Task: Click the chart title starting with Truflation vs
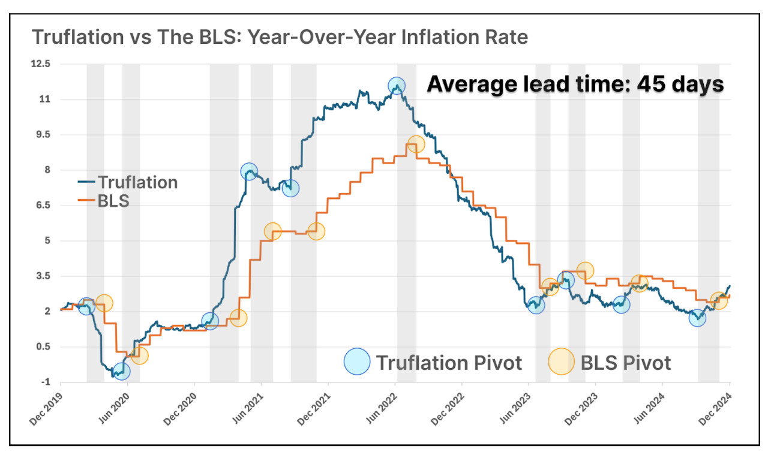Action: [x=280, y=37]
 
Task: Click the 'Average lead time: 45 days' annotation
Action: [x=575, y=84]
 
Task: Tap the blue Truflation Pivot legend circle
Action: [x=357, y=362]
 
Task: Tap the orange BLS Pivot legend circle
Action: [x=562, y=362]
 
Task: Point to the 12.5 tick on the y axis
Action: [x=42, y=64]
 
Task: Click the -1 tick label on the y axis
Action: [x=46, y=382]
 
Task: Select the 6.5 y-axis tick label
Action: [x=43, y=206]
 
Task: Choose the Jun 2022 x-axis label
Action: [x=380, y=409]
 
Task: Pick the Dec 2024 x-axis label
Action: [x=715, y=409]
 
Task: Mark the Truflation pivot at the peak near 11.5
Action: [x=396, y=86]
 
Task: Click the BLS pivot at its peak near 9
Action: [x=416, y=144]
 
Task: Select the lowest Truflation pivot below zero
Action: [x=121, y=371]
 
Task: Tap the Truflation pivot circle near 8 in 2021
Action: [x=249, y=172]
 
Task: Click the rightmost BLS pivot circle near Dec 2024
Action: [x=718, y=300]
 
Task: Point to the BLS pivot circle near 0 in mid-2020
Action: [x=139, y=356]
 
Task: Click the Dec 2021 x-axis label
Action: [x=313, y=409]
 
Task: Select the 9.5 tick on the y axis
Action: [x=43, y=135]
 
